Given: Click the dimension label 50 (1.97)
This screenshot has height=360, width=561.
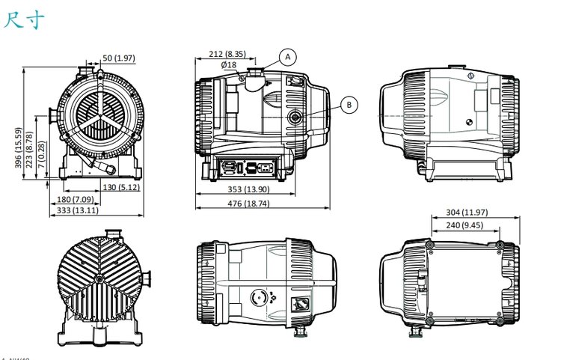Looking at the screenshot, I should (x=118, y=58).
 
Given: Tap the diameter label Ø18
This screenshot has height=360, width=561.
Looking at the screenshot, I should (x=229, y=64).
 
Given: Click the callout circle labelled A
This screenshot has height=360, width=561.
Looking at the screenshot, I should (x=289, y=56).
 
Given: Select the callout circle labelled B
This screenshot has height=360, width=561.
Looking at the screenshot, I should (x=349, y=105).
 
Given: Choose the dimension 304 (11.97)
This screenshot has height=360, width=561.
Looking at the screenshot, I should (x=476, y=213).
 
